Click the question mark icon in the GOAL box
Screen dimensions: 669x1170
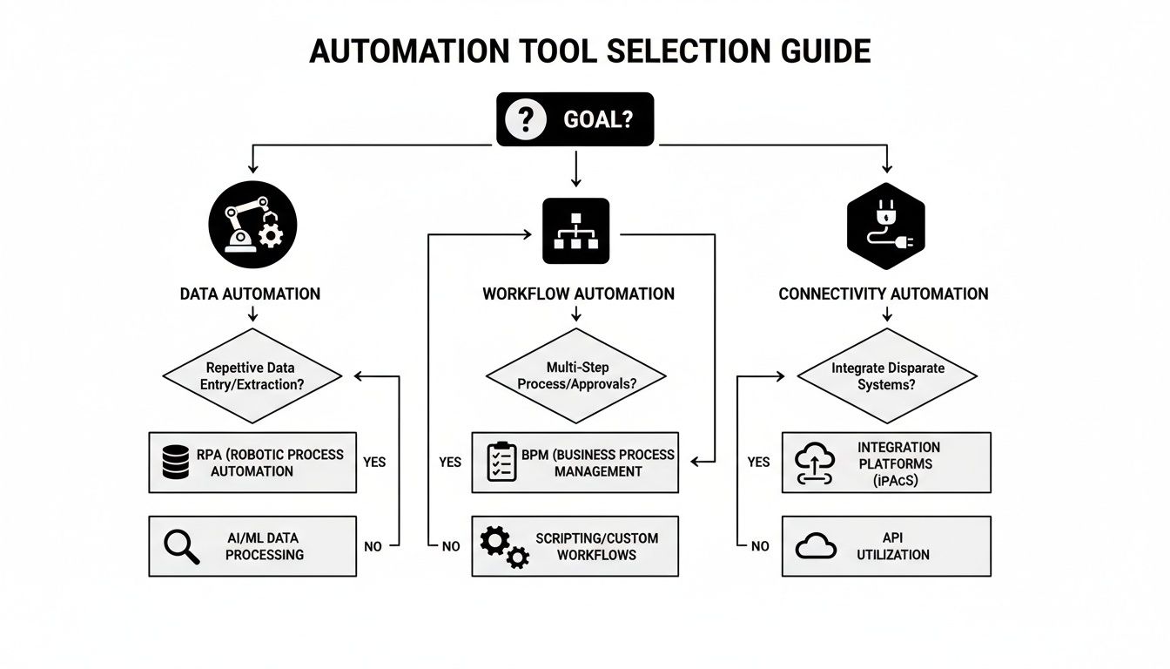click(x=525, y=119)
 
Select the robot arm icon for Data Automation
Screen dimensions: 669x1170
click(x=253, y=223)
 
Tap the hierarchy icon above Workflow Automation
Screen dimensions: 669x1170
click(x=575, y=231)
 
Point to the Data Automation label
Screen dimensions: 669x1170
click(x=250, y=294)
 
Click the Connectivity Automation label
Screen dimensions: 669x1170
click(x=883, y=294)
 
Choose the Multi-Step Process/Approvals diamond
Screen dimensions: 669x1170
click(x=575, y=376)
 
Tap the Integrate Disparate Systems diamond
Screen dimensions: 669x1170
click(x=886, y=376)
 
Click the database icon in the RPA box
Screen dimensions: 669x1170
click(x=176, y=462)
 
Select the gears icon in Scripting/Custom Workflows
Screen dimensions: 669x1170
click(x=504, y=547)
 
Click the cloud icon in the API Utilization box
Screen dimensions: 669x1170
click(x=817, y=546)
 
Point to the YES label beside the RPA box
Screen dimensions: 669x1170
click(x=373, y=462)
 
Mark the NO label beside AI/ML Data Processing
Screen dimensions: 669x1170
click(x=373, y=546)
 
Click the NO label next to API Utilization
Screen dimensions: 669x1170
click(x=759, y=546)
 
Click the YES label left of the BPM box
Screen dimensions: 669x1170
click(x=449, y=462)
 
